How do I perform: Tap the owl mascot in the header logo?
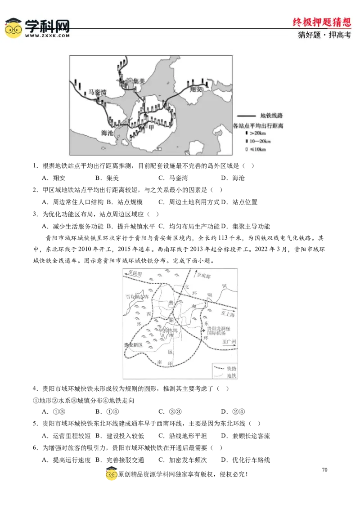pyautogui.click(x=13, y=28)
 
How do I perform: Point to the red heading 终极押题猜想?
pyautogui.click(x=322, y=22)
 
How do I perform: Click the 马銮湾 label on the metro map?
pyautogui.click(x=97, y=92)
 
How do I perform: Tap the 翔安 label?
pyautogui.click(x=196, y=89)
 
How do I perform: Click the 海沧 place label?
pyautogui.click(x=107, y=133)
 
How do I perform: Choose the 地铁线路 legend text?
pyautogui.click(x=271, y=116)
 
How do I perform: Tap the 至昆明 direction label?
pyautogui.click(x=135, y=273)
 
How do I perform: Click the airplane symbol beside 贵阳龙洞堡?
pyautogui.click(x=203, y=332)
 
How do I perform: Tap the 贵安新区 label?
pyautogui.click(x=133, y=345)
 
